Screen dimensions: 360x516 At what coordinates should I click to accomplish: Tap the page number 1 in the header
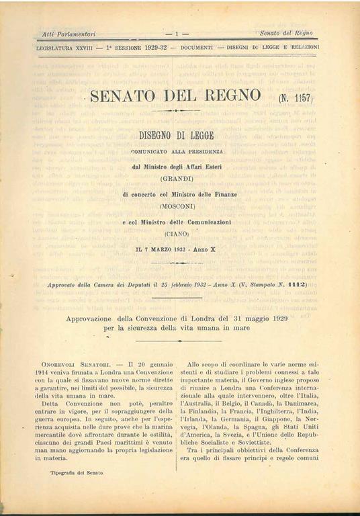tap(177, 33)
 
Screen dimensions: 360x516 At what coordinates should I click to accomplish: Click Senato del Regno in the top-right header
tap(287, 33)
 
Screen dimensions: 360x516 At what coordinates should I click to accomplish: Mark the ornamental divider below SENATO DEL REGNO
tap(176, 110)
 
